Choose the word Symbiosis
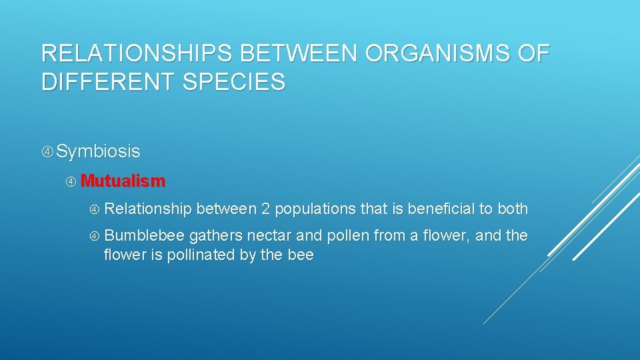(x=98, y=151)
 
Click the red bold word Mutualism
(x=123, y=181)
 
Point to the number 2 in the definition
(x=265, y=209)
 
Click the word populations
(x=315, y=209)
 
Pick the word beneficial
(x=441, y=209)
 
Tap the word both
(x=513, y=209)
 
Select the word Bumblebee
(x=145, y=236)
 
